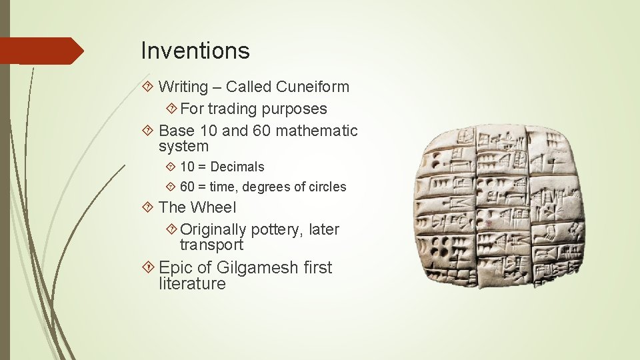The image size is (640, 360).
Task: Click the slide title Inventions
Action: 195,51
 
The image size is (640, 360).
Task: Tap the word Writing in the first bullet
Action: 183,87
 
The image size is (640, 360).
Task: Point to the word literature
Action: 192,284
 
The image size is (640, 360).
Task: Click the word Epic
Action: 175,268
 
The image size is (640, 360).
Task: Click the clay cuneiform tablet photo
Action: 499,207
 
